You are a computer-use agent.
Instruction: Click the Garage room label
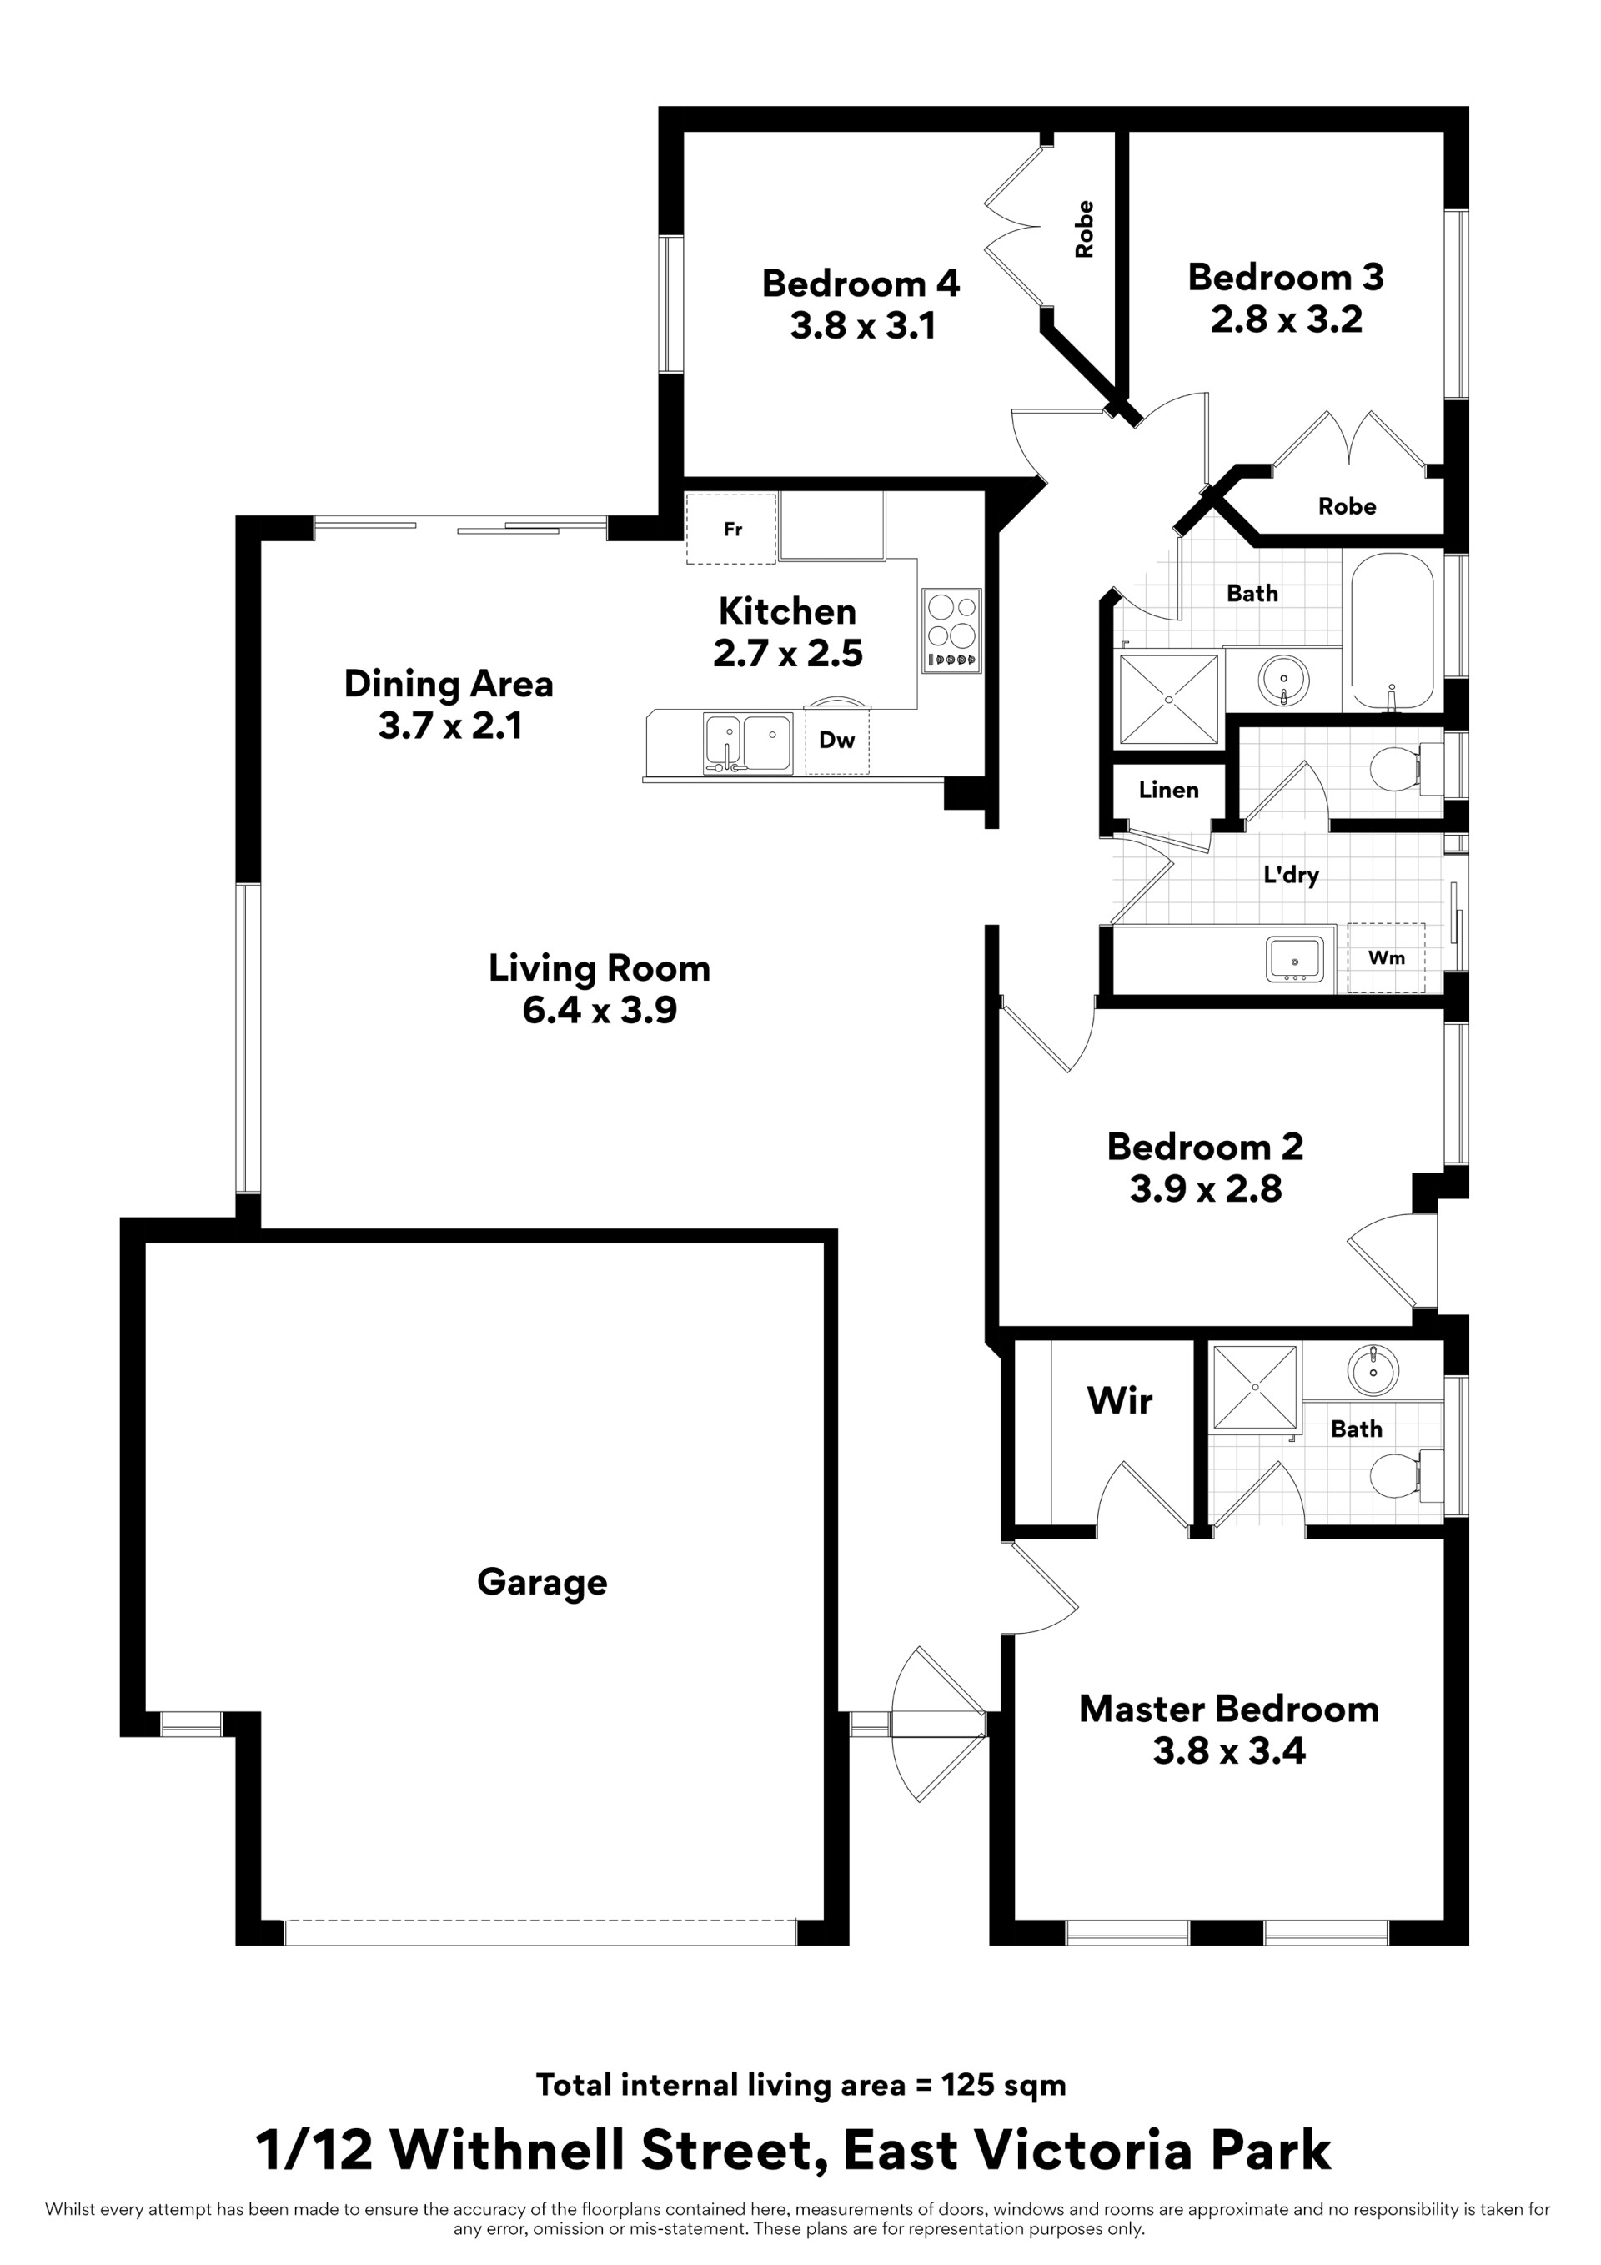pos(541,1582)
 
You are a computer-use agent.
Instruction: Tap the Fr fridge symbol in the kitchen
pos(731,529)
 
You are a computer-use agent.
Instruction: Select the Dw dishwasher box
pos(836,740)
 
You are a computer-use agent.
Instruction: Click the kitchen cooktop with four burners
pos(952,630)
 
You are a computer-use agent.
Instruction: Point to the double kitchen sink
pos(748,743)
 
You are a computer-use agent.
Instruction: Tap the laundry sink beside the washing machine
pos(1295,960)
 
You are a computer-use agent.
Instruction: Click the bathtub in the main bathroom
pos(1392,631)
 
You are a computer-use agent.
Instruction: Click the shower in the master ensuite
pos(1256,1387)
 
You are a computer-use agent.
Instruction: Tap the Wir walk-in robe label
pos(1120,1401)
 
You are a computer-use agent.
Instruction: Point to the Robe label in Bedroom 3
pos(1348,506)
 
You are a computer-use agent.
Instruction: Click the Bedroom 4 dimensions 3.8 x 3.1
pos(863,325)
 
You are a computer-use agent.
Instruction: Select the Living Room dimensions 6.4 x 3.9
pos(600,1011)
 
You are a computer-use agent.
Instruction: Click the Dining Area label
pos(449,684)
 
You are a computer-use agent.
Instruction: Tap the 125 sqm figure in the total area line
pos(1004,2085)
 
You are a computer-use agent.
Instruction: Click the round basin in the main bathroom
pos(1283,679)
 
